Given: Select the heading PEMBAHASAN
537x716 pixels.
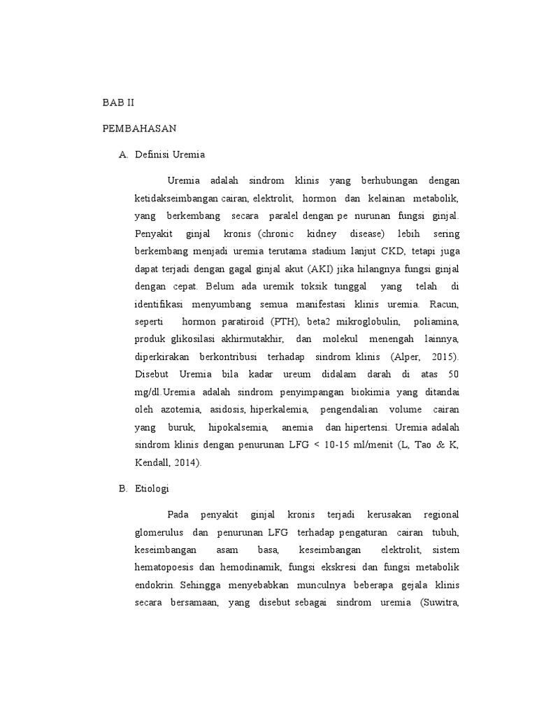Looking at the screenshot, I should pyautogui.click(x=138, y=129).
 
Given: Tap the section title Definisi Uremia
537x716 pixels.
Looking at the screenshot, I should pyautogui.click(x=170, y=155).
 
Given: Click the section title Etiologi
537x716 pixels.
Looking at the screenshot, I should pyautogui.click(x=152, y=489).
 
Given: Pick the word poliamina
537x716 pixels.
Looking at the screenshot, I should pyautogui.click(x=436, y=322).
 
